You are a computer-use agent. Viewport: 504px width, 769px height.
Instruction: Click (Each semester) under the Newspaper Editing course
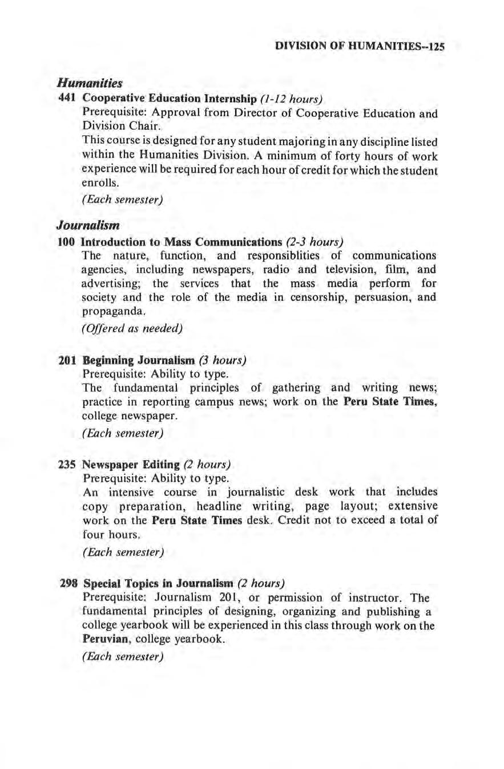123,552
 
